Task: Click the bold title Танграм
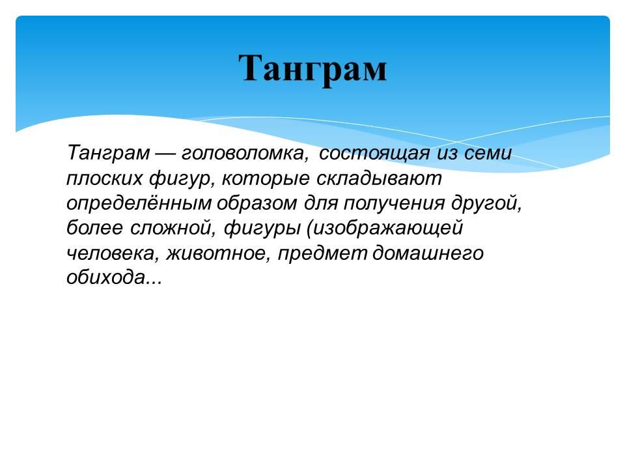[x=313, y=68]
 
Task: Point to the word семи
[x=488, y=153]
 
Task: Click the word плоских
[x=104, y=178]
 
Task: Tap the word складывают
[x=379, y=178]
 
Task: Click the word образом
[x=257, y=203]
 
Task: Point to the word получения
[x=394, y=203]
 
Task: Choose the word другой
[x=487, y=203]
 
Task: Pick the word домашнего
[x=428, y=253]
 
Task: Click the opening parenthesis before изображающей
[x=309, y=229]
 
